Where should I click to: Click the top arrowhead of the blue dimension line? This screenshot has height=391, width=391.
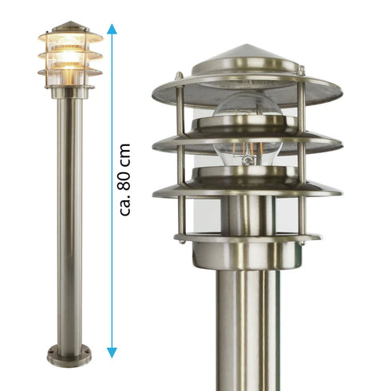[112, 29]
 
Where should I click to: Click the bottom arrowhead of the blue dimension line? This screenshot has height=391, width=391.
[112, 353]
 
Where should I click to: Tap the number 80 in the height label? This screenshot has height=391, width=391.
[125, 179]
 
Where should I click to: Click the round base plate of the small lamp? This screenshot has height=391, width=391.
[69, 357]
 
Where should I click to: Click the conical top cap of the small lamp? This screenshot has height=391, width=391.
[70, 26]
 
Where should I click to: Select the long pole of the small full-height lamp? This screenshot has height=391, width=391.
[69, 223]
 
